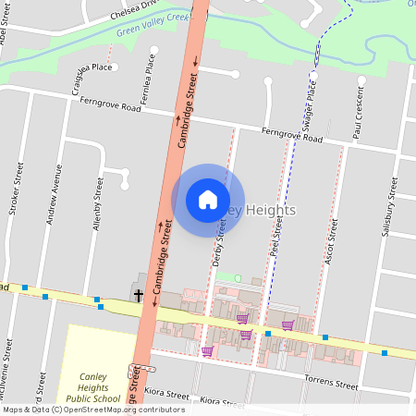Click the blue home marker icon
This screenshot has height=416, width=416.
(x=207, y=200)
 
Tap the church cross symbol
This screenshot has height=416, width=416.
(x=139, y=296)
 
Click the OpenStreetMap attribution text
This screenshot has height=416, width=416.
(x=93, y=410)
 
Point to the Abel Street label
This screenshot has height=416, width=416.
(x=6, y=35)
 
